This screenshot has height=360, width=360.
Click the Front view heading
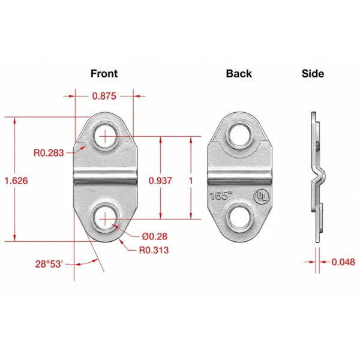(x=104, y=73)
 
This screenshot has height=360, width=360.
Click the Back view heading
(x=239, y=73)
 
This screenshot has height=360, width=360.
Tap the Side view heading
(x=313, y=73)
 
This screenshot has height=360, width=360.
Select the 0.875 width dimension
(x=104, y=96)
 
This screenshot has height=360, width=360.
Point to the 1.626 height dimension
(x=16, y=181)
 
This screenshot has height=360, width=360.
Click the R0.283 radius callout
(x=49, y=152)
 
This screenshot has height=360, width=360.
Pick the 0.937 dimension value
(x=160, y=181)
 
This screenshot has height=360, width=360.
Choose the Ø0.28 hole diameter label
(x=155, y=236)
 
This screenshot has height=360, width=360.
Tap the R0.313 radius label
(x=154, y=250)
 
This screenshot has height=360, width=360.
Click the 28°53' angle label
(x=49, y=264)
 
